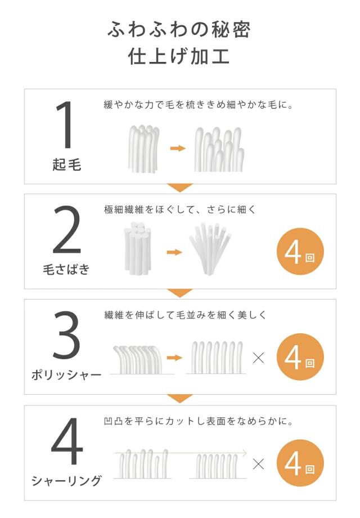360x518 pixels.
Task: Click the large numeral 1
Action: click(66, 124)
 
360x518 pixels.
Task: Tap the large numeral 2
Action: click(67, 229)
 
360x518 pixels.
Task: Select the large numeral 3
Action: click(66, 335)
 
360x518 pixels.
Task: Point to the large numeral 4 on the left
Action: click(67, 441)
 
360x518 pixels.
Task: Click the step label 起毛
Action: click(66, 164)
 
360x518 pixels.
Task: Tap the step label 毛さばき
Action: click(66, 269)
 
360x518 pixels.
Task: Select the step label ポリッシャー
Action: click(66, 375)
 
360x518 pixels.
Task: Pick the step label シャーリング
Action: click(66, 481)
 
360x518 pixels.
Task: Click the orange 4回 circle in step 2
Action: click(300, 252)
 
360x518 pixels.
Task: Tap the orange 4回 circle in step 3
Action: click(300, 357)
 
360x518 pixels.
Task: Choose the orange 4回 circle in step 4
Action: click(300, 463)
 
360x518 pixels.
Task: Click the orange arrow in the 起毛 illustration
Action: click(178, 148)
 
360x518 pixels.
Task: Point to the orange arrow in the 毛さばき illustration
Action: click(174, 252)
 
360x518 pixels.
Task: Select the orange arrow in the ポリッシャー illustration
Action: click(174, 358)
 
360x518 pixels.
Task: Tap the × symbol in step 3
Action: click(258, 358)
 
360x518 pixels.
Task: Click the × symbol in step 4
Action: click(258, 463)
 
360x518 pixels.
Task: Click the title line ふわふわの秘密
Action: click(179, 29)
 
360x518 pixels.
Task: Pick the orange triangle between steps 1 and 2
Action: click(180, 187)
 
